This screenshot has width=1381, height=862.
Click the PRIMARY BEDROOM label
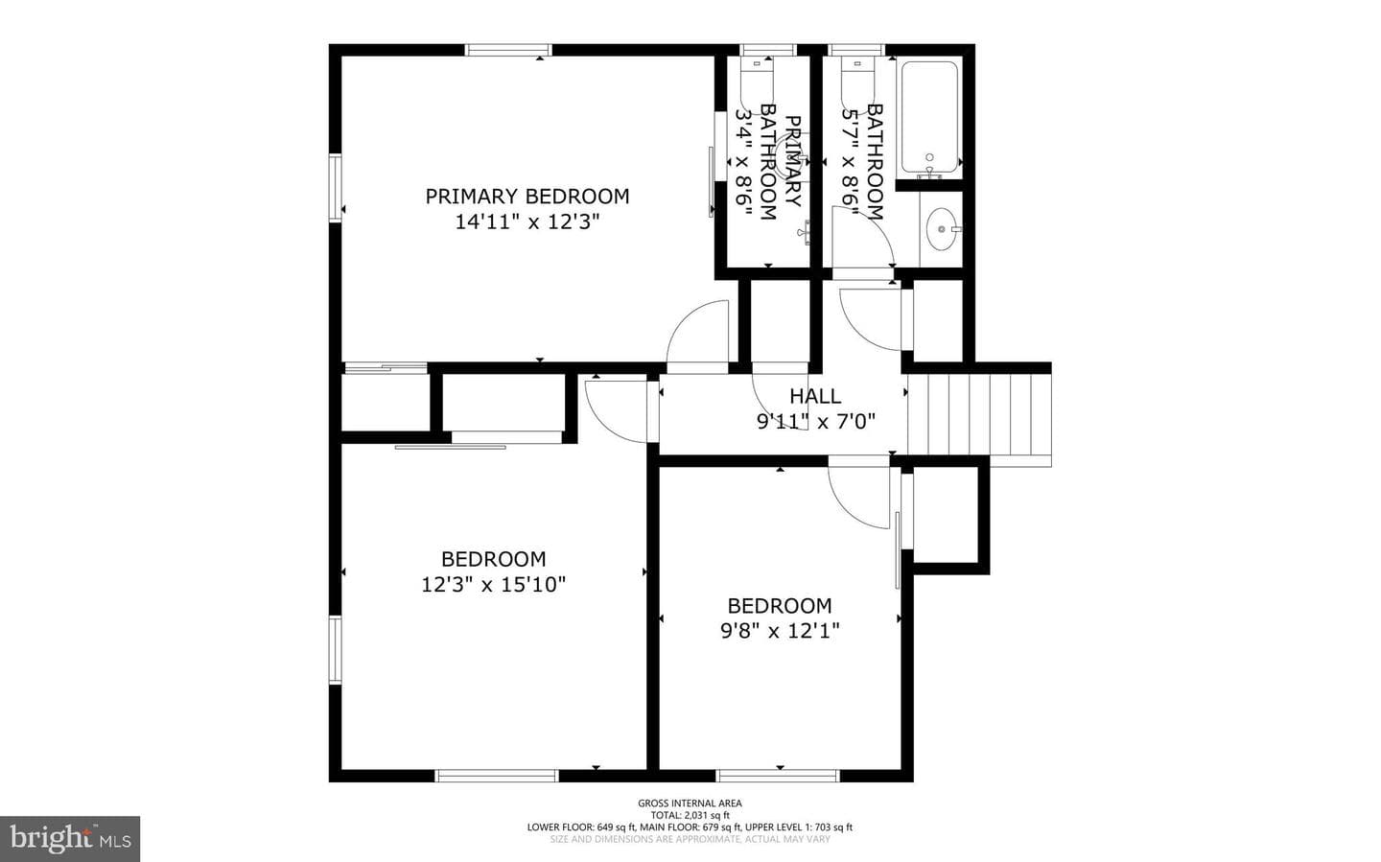(x=527, y=196)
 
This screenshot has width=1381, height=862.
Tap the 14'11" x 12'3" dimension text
(x=527, y=221)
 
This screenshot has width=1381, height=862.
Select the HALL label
(x=815, y=396)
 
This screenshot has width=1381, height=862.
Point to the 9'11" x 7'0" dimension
(x=815, y=421)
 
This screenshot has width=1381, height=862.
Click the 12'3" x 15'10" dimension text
(x=493, y=584)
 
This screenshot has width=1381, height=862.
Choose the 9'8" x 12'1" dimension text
(x=780, y=631)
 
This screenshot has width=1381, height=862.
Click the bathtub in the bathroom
(x=929, y=117)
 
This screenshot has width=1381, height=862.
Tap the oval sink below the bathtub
(x=942, y=229)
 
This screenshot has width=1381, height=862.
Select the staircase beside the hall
(x=979, y=416)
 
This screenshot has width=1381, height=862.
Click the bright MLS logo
(x=70, y=839)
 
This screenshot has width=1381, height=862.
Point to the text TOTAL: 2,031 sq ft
(x=690, y=815)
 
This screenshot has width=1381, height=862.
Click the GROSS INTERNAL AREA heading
(x=690, y=803)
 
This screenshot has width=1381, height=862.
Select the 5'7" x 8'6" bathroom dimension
(x=851, y=161)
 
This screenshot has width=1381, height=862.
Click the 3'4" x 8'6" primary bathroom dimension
(x=744, y=162)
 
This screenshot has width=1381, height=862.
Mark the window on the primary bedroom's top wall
(x=508, y=50)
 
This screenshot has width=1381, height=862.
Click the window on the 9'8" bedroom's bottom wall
(x=778, y=776)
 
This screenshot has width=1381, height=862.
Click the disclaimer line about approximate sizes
(x=690, y=839)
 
